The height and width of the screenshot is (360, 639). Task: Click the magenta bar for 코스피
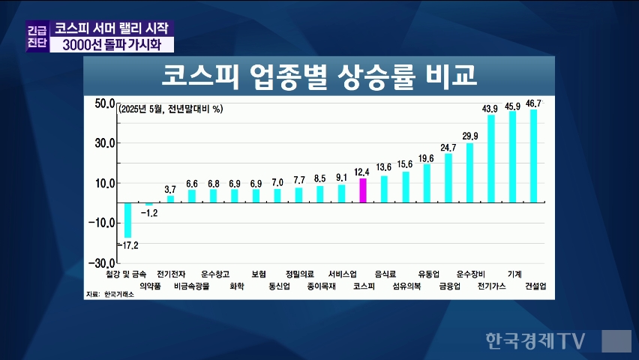[363, 190]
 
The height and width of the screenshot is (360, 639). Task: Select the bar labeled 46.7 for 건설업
[534, 156]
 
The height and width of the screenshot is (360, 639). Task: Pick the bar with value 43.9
[491, 158]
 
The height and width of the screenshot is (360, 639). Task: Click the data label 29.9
[470, 136]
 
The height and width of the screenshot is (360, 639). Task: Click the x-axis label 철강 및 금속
[127, 274]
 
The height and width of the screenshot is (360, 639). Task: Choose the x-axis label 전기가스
[491, 286]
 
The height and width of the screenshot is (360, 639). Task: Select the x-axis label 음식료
[385, 274]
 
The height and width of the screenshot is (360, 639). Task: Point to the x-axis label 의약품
[150, 286]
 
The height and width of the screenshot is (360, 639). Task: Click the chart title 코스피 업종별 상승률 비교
[319, 76]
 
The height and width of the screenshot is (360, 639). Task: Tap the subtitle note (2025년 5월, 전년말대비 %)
[171, 109]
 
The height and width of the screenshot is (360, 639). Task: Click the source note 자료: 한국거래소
[109, 295]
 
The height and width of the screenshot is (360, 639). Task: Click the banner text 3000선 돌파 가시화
[113, 45]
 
